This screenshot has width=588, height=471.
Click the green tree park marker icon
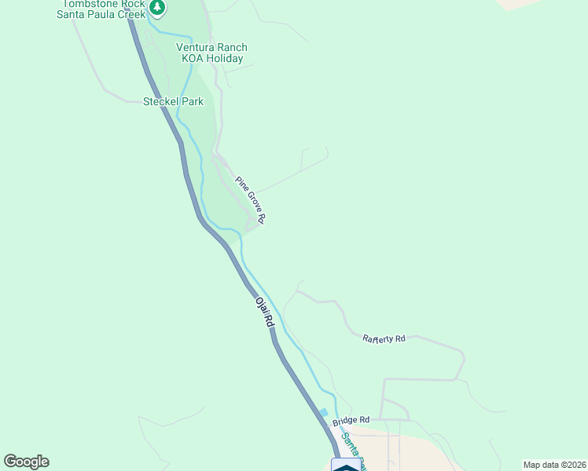pyautogui.click(x=157, y=8)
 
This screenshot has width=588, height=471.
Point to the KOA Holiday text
pyautogui.click(x=210, y=58)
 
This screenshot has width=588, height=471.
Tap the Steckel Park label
pyautogui.click(x=173, y=101)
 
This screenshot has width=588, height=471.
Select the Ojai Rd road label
pyautogui.click(x=264, y=312)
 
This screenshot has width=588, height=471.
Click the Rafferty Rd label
pyautogui.click(x=384, y=338)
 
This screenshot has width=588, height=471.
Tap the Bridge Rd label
pyautogui.click(x=351, y=422)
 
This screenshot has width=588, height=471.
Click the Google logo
pyautogui.click(x=26, y=462)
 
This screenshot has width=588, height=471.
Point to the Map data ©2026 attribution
pyautogui.click(x=554, y=465)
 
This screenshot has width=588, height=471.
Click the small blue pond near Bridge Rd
pyautogui.click(x=323, y=413)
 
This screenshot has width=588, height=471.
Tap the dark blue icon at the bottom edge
pyautogui.click(x=347, y=465)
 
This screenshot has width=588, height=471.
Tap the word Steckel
pyautogui.click(x=160, y=101)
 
